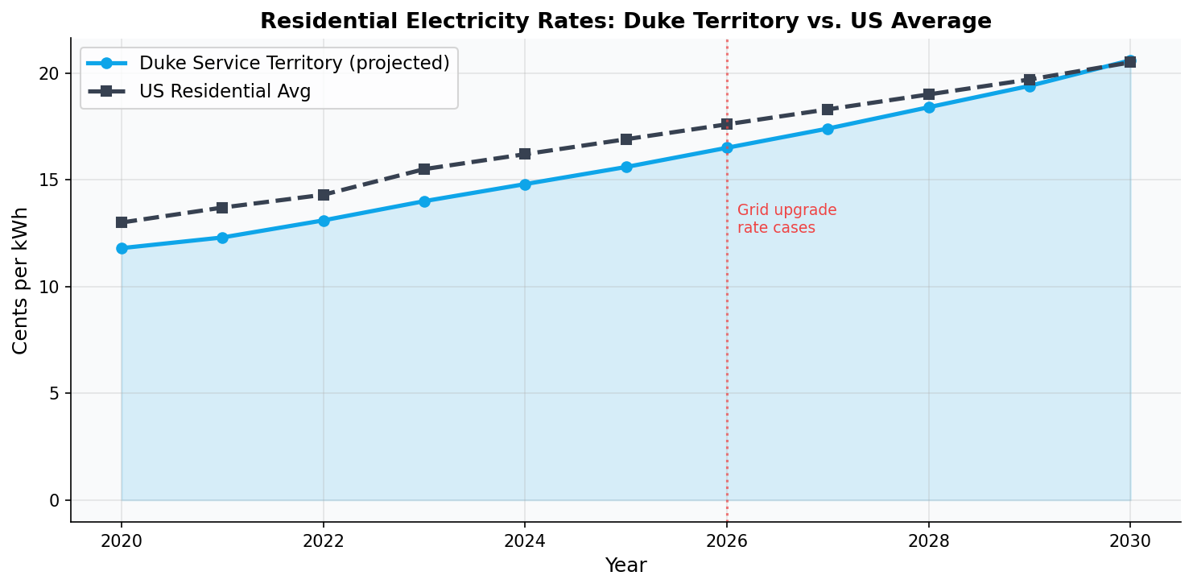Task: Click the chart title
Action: pos(625,22)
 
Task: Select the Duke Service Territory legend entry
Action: pos(294,63)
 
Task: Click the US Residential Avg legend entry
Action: pos(225,92)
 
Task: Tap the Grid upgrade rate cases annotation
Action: pos(786,219)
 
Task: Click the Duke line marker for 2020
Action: pos(122,248)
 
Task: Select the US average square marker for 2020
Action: pos(122,222)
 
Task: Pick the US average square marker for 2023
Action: pos(424,169)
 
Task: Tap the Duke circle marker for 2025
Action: pos(626,167)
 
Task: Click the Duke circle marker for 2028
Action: pos(929,107)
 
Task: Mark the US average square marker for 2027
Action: pos(828,110)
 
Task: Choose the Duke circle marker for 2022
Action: pos(324,221)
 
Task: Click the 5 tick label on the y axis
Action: pos(56,393)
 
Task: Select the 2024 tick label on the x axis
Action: pos(525,540)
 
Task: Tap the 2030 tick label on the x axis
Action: pos(1130,540)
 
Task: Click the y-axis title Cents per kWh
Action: pos(21,280)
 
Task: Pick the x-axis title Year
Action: pos(625,565)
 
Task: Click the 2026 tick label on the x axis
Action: pos(727,540)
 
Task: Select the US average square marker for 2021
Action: pos(222,208)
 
